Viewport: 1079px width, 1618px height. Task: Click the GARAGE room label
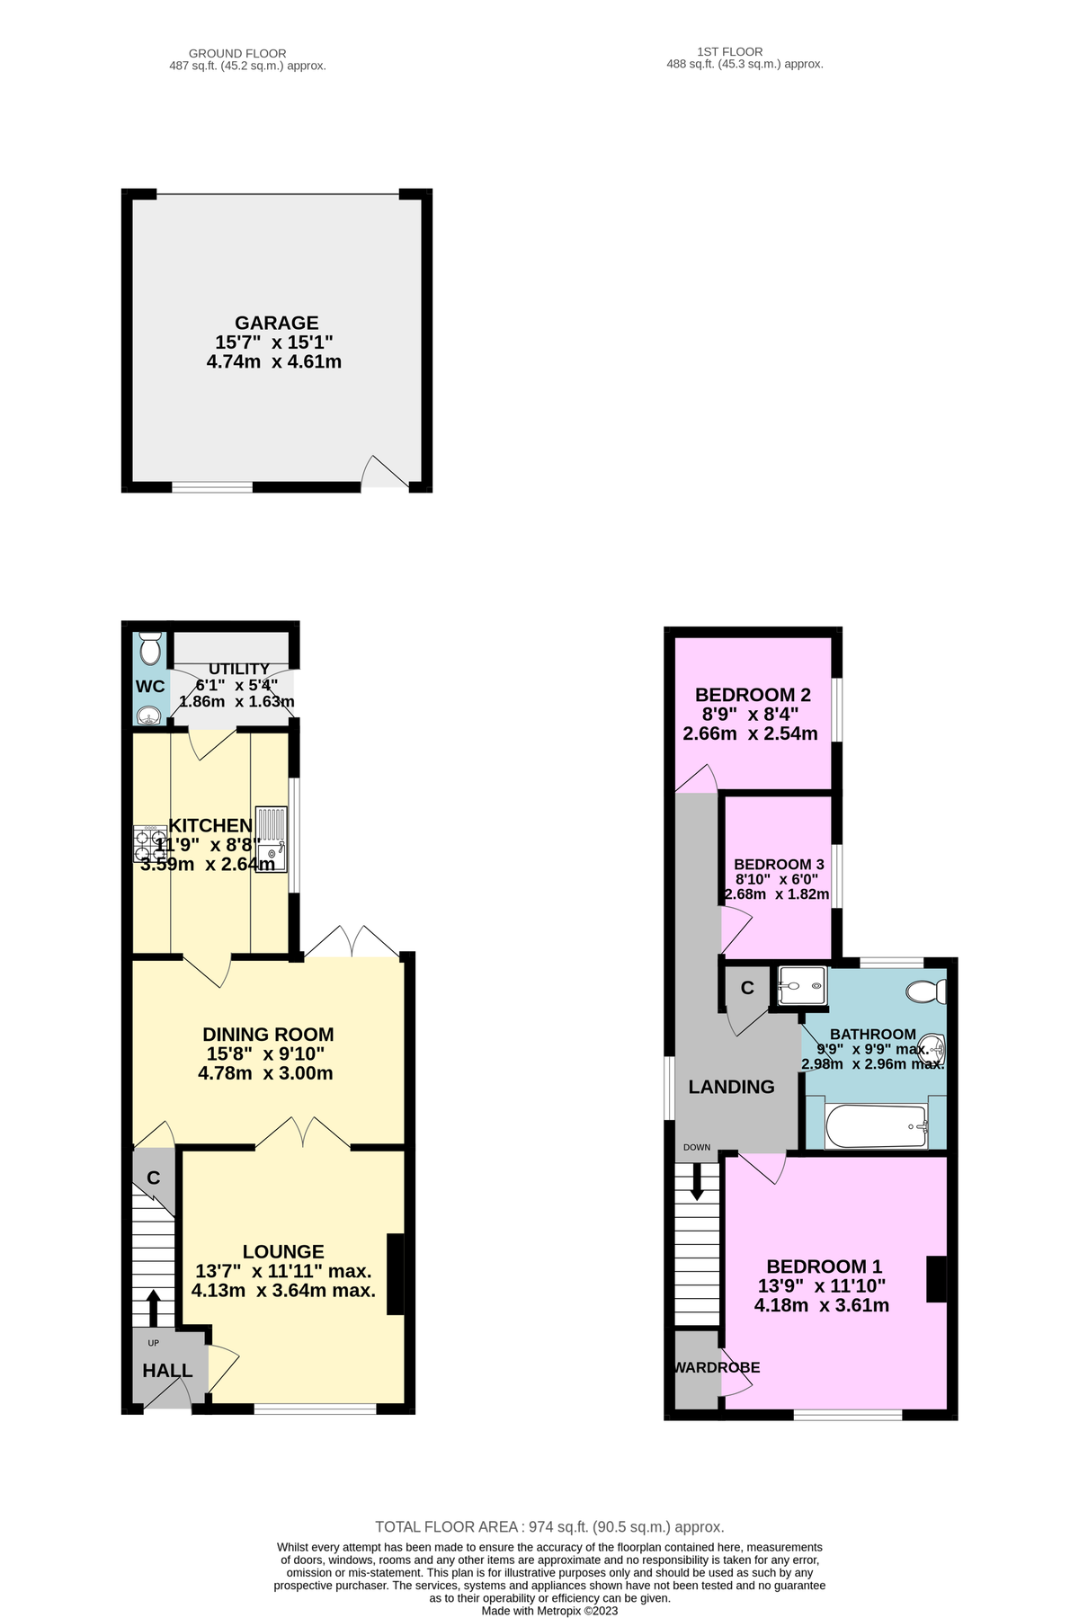click(x=276, y=323)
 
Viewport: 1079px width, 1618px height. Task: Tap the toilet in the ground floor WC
click(x=150, y=646)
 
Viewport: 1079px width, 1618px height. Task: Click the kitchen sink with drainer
click(x=271, y=839)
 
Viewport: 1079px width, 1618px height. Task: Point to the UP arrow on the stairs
click(x=153, y=1309)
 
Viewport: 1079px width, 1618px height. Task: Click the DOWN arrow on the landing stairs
click(x=697, y=1182)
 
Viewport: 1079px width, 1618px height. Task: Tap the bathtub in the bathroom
click(x=876, y=1126)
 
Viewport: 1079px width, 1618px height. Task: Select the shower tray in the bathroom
click(x=800, y=988)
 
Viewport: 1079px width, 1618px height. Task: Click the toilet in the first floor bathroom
click(x=927, y=991)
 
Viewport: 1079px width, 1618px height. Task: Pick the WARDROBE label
click(x=717, y=1367)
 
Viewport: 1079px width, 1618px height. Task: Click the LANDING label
click(x=731, y=1087)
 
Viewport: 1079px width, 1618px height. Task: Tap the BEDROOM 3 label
click(x=779, y=864)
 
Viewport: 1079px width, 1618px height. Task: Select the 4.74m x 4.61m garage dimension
click(x=274, y=362)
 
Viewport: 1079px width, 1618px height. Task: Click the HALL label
click(x=167, y=1371)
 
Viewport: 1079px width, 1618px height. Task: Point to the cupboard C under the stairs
click(x=154, y=1178)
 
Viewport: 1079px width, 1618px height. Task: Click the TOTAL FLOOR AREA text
click(x=549, y=1526)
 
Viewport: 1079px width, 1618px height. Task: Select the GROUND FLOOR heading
click(x=237, y=54)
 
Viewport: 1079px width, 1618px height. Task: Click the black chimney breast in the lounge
click(x=395, y=1275)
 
